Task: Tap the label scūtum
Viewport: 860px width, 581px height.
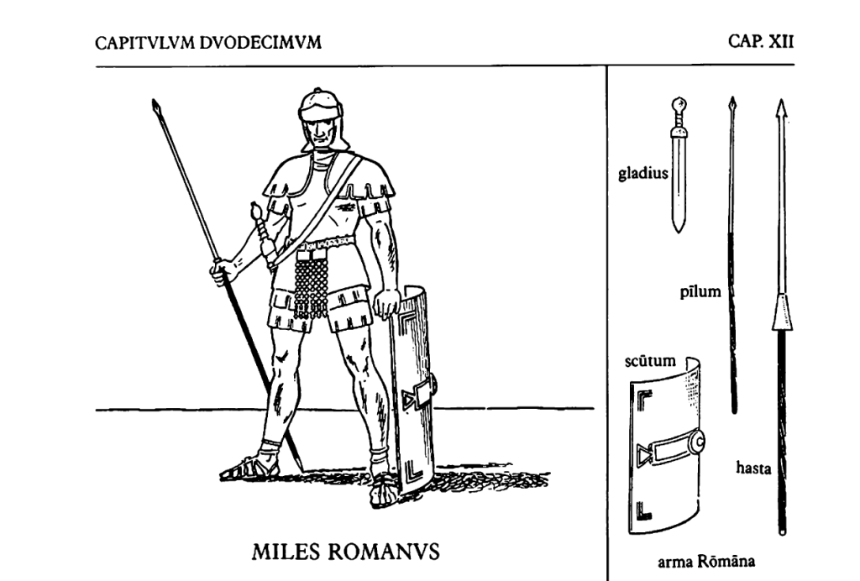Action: click(x=652, y=362)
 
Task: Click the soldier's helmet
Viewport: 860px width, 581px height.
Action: click(x=322, y=107)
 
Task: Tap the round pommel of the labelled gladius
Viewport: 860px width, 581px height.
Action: click(x=679, y=106)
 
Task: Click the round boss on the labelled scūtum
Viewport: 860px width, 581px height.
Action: click(x=696, y=440)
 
